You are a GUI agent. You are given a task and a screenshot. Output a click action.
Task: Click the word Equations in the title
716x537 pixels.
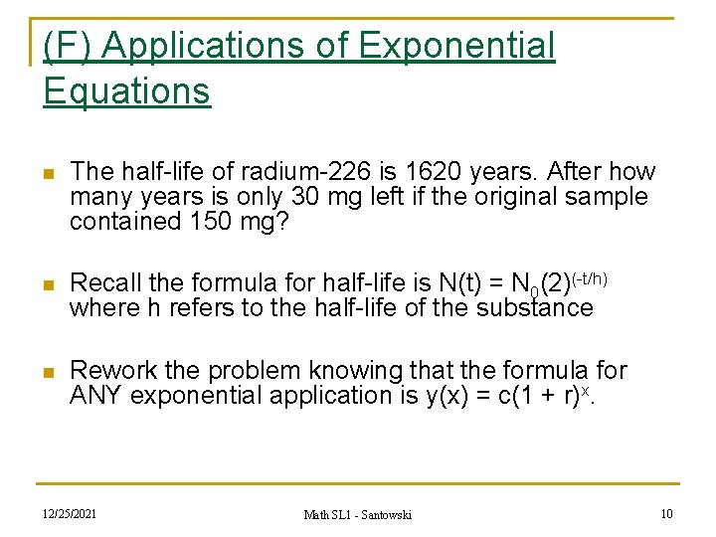126,91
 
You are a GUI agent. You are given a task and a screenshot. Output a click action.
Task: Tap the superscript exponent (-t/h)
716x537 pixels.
589,277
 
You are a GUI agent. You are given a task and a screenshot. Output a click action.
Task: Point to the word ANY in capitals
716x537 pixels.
96,396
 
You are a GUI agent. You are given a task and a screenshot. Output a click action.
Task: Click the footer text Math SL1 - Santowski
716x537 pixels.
358,514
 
